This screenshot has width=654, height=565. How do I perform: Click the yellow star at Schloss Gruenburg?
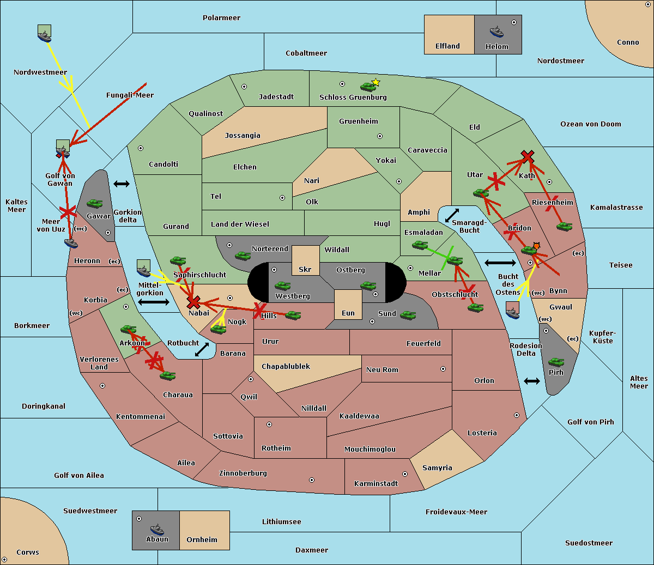point(376,82)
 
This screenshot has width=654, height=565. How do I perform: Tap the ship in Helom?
point(496,32)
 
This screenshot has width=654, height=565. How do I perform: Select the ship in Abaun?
point(158,529)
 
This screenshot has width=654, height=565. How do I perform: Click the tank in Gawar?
point(95,203)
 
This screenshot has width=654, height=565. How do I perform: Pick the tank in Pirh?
point(556,362)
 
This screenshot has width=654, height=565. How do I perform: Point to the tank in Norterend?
point(243,256)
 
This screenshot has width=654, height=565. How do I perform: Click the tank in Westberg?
point(282,285)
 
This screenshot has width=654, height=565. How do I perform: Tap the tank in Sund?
point(408,315)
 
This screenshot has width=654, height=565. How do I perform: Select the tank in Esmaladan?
point(420,245)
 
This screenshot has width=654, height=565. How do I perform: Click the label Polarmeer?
point(221,18)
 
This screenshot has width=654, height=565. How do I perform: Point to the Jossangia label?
point(243,136)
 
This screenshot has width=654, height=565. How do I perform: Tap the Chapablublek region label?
point(286,366)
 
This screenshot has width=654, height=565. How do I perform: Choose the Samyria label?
point(437,467)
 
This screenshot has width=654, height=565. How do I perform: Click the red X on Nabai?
point(193,302)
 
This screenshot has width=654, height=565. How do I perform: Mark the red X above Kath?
point(528,156)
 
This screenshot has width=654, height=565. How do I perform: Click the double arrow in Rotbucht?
point(202,349)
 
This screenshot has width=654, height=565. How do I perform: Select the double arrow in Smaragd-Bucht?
point(452,215)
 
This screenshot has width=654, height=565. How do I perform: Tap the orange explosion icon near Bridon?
point(536,246)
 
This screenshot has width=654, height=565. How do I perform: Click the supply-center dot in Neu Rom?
point(443,369)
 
